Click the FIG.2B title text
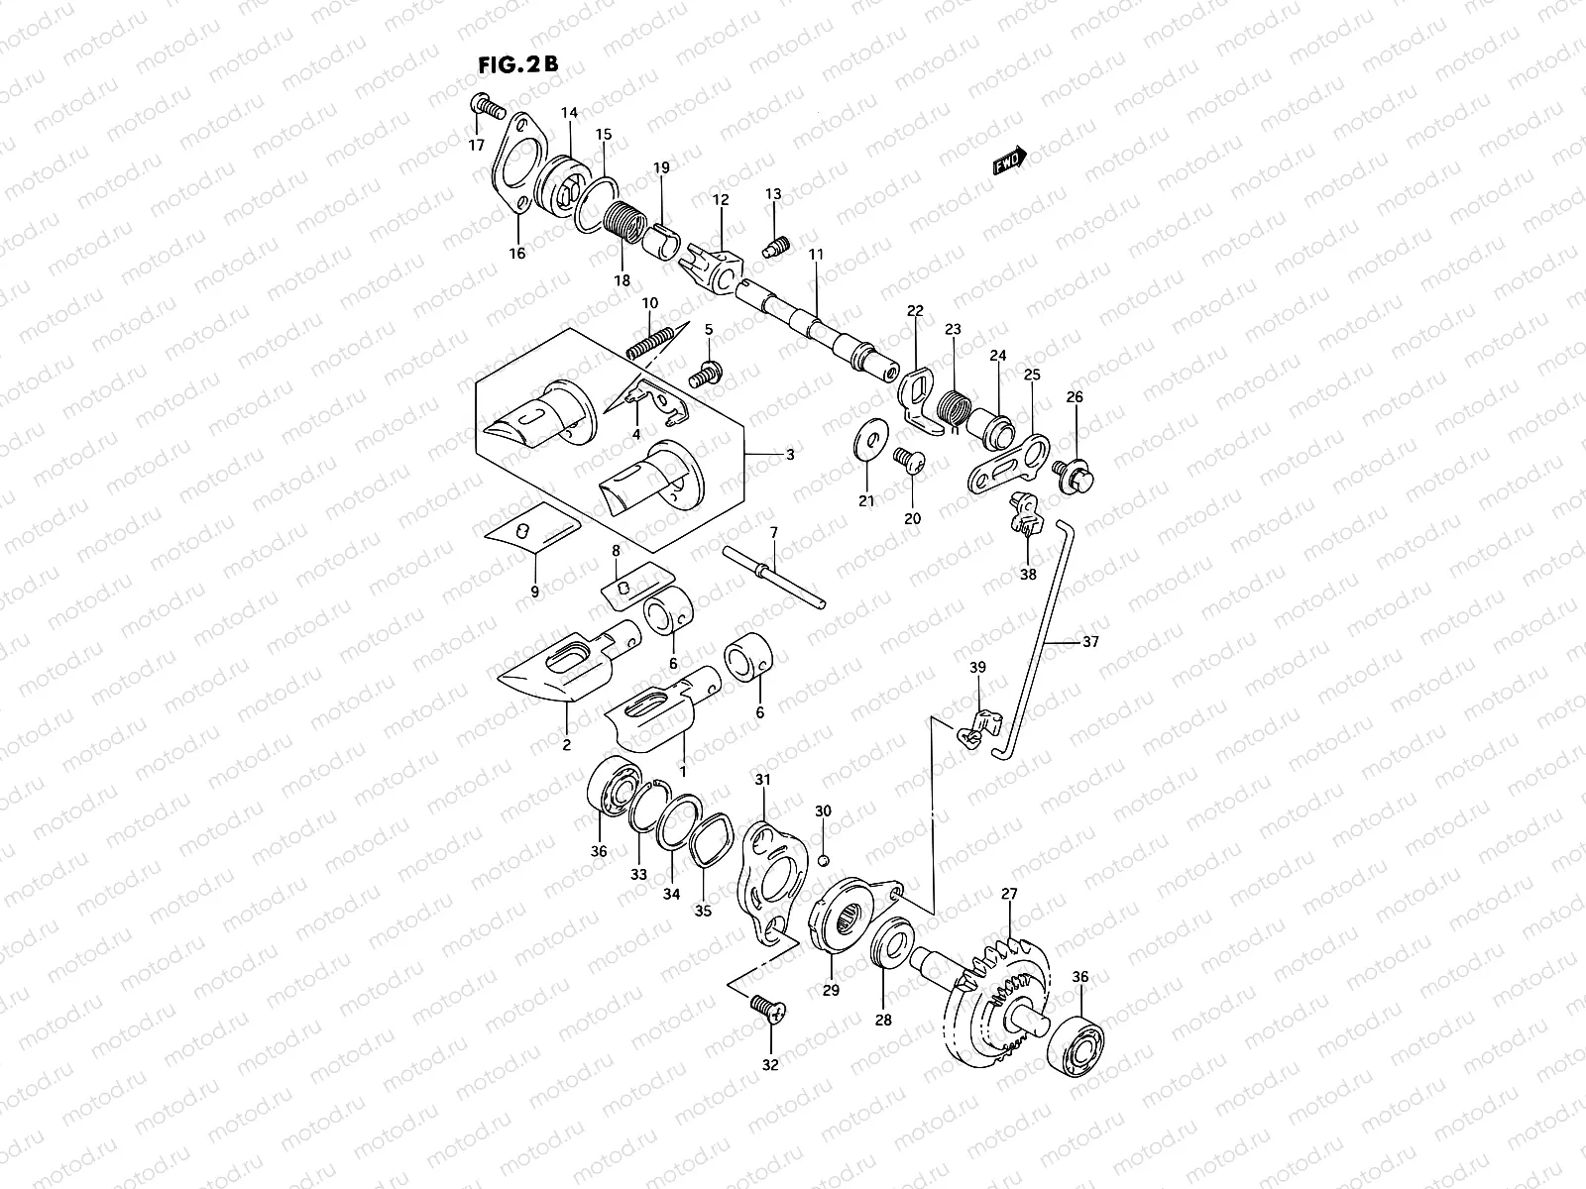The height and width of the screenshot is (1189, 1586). point(517,64)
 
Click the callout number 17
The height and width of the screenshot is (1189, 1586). point(477,145)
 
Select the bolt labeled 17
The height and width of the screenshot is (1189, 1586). point(486,106)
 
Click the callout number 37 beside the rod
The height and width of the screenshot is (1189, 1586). point(1090,642)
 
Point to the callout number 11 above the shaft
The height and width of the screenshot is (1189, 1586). point(816,255)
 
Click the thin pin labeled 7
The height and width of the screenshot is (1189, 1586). point(773,580)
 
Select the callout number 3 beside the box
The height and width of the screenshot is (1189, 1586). point(790,455)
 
